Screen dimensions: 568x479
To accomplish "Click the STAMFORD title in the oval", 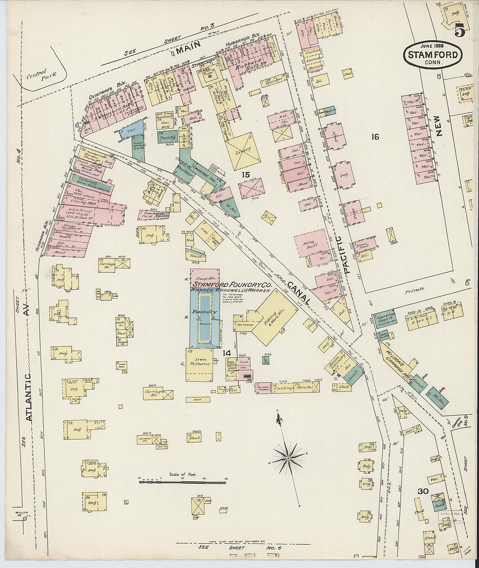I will click(433, 55).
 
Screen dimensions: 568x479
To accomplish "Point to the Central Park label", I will click(46, 74).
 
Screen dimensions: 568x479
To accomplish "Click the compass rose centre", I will click(288, 458).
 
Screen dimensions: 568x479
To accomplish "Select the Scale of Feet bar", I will click(183, 480).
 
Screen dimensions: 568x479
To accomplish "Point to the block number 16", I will click(375, 137).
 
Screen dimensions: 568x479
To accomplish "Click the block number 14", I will click(227, 353).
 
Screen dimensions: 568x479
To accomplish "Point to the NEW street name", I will click(439, 126).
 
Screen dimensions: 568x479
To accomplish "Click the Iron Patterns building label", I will click(200, 361).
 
